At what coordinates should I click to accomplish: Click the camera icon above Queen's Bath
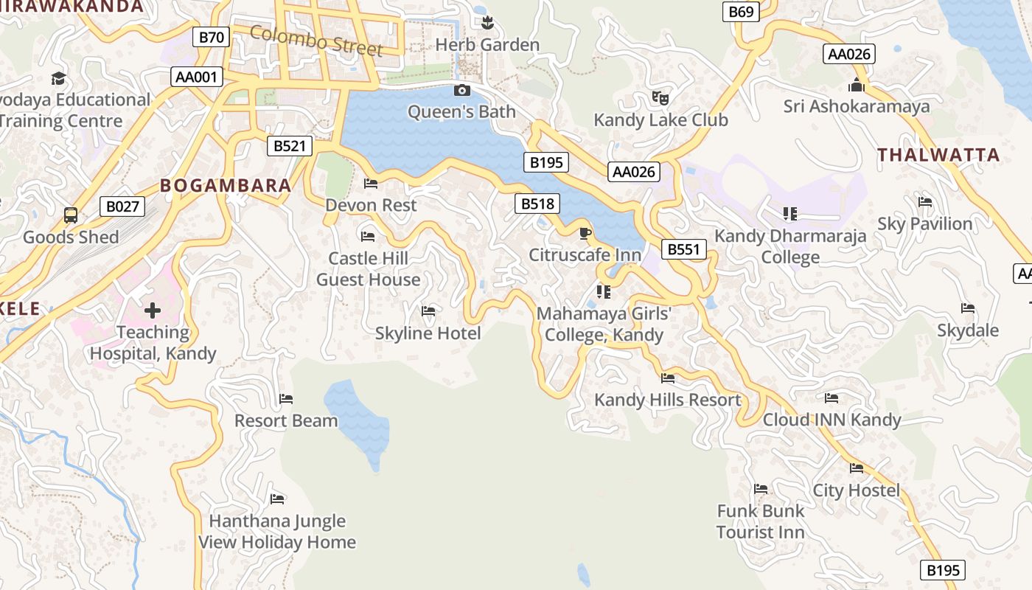462,90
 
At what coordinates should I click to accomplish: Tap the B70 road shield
212,37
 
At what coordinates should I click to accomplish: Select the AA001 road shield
197,76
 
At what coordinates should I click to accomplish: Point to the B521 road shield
289,146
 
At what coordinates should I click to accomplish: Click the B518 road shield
537,204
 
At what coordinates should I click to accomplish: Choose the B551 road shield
683,249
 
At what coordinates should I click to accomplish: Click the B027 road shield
122,206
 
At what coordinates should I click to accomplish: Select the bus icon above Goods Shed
71,215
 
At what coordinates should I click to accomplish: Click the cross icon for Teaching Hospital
153,310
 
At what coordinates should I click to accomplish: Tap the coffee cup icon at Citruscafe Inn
585,234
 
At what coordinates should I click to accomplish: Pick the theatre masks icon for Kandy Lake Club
660,97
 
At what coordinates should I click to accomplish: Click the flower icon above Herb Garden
487,24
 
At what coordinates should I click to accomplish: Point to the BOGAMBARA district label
226,185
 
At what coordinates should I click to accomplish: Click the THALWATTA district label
938,155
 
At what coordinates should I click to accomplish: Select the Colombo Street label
316,41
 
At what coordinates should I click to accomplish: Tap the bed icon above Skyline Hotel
428,311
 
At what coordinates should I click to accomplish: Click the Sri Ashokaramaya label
857,107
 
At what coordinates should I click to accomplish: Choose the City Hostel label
856,490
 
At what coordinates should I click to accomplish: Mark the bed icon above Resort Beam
286,399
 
